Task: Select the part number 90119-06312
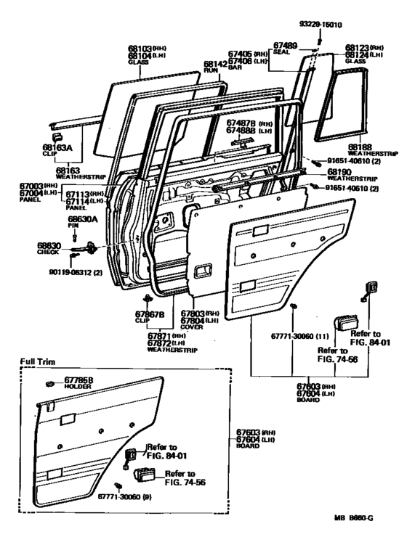pyautogui.click(x=76, y=272)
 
